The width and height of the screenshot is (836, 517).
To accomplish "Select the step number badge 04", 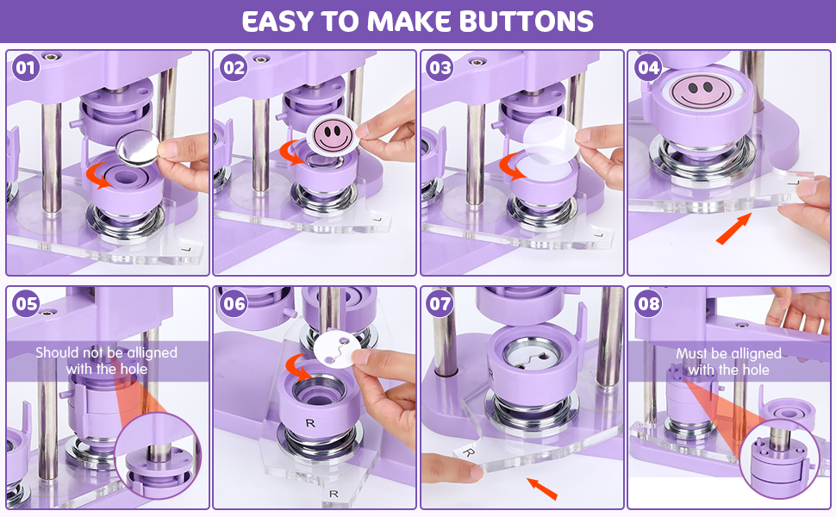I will [x=648, y=68].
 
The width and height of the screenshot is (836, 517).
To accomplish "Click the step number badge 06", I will [x=234, y=303].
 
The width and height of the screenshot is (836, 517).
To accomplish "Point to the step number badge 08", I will [x=648, y=303].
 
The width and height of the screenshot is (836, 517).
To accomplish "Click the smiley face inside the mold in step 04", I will [x=698, y=90].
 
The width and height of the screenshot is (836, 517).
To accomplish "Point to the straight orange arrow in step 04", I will [x=733, y=231].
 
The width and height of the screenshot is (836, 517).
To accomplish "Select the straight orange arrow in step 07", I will [x=543, y=488].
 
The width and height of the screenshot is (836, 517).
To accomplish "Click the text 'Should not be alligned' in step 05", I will [x=106, y=352].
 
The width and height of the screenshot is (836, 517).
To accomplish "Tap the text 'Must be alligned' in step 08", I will [x=728, y=353].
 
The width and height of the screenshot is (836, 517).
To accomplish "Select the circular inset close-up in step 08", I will [x=780, y=458].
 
